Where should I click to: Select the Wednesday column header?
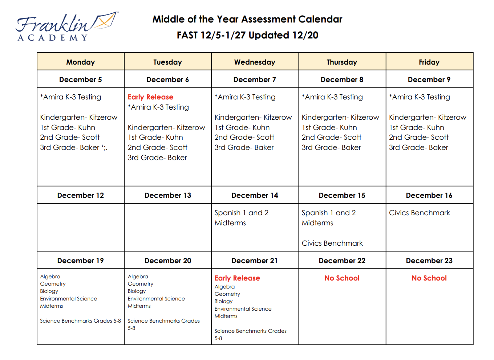(255, 62)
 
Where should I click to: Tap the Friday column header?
(429, 62)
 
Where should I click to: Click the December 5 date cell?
(80, 79)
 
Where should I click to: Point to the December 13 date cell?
(167, 195)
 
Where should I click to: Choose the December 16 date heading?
(429, 195)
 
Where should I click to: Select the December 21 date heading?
(254, 261)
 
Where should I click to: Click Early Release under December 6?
(150, 97)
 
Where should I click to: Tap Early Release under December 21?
(237, 278)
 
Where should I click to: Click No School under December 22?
(342, 278)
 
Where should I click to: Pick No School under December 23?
(429, 278)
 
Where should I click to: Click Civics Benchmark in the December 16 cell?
(419, 213)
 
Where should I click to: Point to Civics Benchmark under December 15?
(332, 243)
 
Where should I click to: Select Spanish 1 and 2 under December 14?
(241, 213)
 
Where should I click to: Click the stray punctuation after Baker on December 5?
(105, 148)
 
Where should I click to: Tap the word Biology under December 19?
(49, 291)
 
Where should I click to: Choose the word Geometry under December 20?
(140, 284)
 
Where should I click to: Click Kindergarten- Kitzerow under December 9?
(428, 117)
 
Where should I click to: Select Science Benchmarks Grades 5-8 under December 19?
(80, 321)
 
